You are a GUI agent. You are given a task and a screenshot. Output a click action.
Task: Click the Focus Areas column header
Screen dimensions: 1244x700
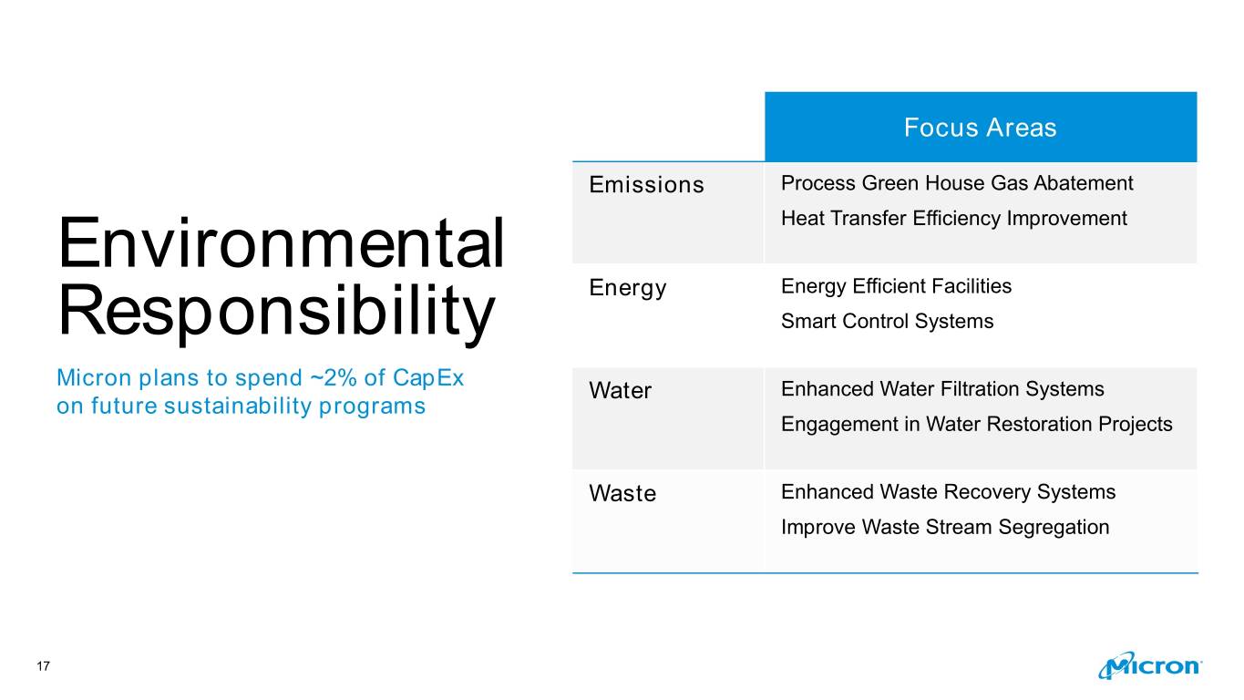[x=981, y=128]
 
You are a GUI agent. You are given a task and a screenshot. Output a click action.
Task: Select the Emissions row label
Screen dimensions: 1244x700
[x=646, y=184]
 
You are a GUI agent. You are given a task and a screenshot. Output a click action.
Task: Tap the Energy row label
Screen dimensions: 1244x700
[x=628, y=288]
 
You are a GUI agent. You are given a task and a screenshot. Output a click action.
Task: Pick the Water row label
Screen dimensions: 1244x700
[x=621, y=390]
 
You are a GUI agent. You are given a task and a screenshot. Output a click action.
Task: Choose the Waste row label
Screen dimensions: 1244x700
[x=622, y=493]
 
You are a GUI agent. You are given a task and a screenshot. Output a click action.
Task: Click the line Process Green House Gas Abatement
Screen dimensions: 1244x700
[x=957, y=183]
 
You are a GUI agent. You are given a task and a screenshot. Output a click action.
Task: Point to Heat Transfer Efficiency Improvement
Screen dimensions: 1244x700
[x=954, y=219]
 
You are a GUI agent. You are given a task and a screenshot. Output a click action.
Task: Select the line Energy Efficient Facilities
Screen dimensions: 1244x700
[x=897, y=286]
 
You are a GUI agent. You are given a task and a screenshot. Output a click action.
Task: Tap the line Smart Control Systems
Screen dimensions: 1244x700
[x=888, y=321]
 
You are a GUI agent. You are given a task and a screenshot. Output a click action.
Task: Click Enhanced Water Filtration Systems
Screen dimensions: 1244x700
[x=942, y=389]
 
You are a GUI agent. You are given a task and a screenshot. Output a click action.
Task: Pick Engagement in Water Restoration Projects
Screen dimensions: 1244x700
[x=977, y=425]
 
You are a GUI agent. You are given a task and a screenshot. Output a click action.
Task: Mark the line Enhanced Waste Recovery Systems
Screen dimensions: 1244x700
[x=949, y=491]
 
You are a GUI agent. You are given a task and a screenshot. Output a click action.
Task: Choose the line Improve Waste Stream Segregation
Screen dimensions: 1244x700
[x=945, y=527]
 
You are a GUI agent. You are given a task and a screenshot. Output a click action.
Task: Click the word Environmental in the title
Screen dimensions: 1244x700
[x=281, y=242]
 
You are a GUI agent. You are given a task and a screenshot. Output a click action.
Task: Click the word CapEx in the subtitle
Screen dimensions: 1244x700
[x=428, y=378]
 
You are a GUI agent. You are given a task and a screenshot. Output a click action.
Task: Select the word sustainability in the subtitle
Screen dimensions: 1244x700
[x=238, y=407]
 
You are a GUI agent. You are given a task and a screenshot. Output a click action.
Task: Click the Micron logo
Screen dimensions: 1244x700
[x=1149, y=665]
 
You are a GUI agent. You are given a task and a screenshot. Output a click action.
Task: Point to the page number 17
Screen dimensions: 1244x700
[x=44, y=666]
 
